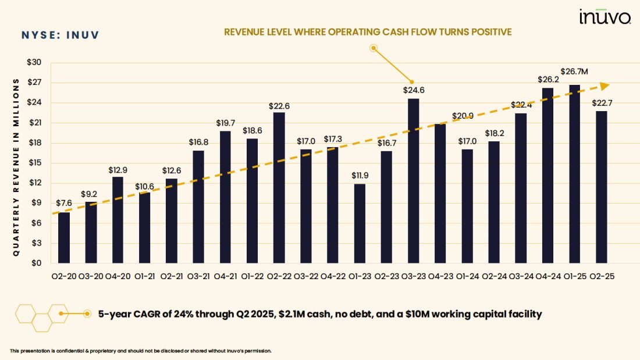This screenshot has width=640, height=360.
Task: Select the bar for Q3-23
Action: tap(413, 180)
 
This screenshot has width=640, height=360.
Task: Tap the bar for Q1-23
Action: tap(360, 223)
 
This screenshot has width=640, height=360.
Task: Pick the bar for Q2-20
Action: tap(64, 237)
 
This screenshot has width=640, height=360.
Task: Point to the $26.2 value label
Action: tap(547, 79)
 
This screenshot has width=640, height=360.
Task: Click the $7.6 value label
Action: tap(64, 204)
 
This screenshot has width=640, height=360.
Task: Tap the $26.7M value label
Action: tap(575, 72)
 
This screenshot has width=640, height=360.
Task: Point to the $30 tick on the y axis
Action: tap(35, 62)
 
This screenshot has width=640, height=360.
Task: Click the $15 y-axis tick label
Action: tap(35, 163)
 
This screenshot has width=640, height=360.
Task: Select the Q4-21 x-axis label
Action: tap(225, 277)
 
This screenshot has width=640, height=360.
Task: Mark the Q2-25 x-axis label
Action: tap(601, 277)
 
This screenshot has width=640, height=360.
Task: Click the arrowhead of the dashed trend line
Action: tap(605, 85)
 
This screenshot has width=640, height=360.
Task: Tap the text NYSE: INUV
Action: tap(60, 35)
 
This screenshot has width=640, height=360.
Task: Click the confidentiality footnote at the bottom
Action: tap(141, 351)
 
